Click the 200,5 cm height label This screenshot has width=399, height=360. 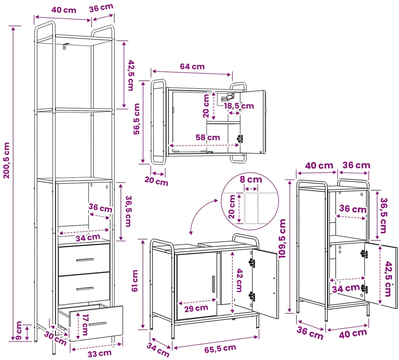[x=7, y=160]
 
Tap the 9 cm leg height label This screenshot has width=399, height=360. [x=19, y=331]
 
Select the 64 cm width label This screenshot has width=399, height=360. [x=192, y=67]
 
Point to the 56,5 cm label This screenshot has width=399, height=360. [x=136, y=118]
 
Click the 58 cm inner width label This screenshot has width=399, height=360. [x=207, y=137]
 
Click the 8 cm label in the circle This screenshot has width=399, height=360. [x=251, y=180]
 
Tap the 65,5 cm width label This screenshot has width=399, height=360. [x=220, y=348]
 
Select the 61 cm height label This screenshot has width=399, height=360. [x=135, y=281]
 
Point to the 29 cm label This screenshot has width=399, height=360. [x=196, y=308]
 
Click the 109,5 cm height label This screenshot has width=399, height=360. [x=283, y=238]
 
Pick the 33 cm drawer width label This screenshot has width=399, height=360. [x=100, y=353]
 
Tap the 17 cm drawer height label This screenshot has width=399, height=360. [x=85, y=325]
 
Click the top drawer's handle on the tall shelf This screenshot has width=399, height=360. [x=85, y=260]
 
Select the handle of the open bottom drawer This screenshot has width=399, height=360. [x=98, y=324]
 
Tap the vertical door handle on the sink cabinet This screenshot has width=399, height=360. [x=213, y=284]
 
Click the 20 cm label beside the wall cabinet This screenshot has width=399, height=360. [x=156, y=181]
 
